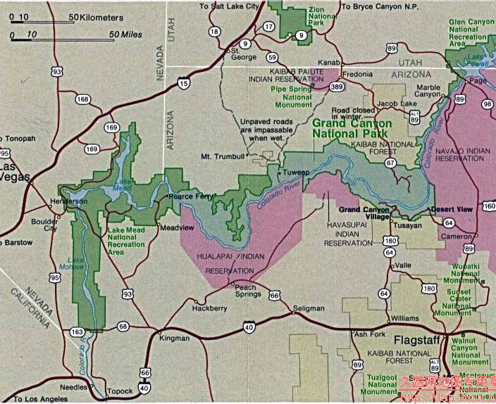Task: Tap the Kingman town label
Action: click(x=175, y=339)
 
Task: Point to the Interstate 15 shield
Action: click(x=184, y=84)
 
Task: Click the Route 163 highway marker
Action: click(x=77, y=332)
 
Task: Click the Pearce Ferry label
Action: click(x=191, y=196)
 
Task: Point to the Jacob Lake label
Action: click(x=392, y=103)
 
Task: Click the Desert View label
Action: click(x=452, y=210)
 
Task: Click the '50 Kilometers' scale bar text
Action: click(x=99, y=16)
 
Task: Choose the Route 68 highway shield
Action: click(x=123, y=326)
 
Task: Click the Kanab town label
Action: click(x=329, y=63)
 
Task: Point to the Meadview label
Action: click(x=173, y=228)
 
